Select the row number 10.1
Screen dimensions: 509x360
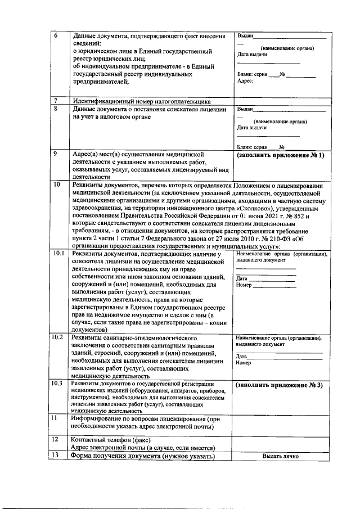point(58,255)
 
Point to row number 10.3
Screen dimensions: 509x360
point(58,384)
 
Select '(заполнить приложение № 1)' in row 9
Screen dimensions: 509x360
point(281,155)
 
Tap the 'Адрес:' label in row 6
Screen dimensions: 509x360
point(245,81)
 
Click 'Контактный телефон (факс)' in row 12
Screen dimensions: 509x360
point(110,439)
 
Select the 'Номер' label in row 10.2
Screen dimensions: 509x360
point(244,363)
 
